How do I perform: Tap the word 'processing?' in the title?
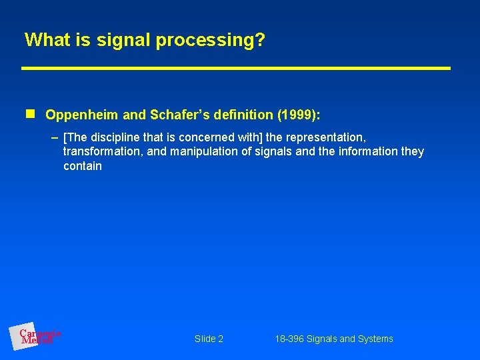pyautogui.click(x=211, y=41)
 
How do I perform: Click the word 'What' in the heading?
pyautogui.click(x=45, y=40)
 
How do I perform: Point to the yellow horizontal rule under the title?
pyautogui.click(x=236, y=68)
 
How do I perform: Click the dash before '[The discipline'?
pyautogui.click(x=55, y=137)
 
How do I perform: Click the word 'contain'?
pyautogui.click(x=83, y=167)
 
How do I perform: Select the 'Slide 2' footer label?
pyautogui.click(x=209, y=339)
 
